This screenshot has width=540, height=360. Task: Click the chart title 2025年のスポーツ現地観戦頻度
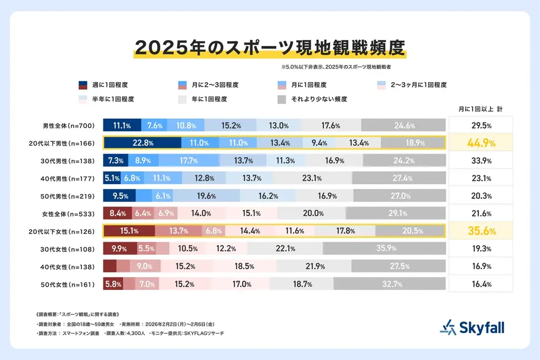pos(269,47)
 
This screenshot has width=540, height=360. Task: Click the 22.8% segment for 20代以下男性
pos(142,143)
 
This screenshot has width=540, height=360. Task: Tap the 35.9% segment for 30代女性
pos(384,249)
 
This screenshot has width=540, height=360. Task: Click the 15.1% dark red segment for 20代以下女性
pos(129,231)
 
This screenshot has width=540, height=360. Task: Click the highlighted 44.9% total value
pos(480,143)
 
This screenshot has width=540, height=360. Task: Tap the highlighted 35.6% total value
pos(480,231)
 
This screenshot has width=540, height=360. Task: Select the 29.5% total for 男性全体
pos(480,125)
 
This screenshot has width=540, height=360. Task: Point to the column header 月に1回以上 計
pos(479,108)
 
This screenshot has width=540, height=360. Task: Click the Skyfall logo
pos(472,327)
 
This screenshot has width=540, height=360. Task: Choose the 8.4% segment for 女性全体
pos(117,213)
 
